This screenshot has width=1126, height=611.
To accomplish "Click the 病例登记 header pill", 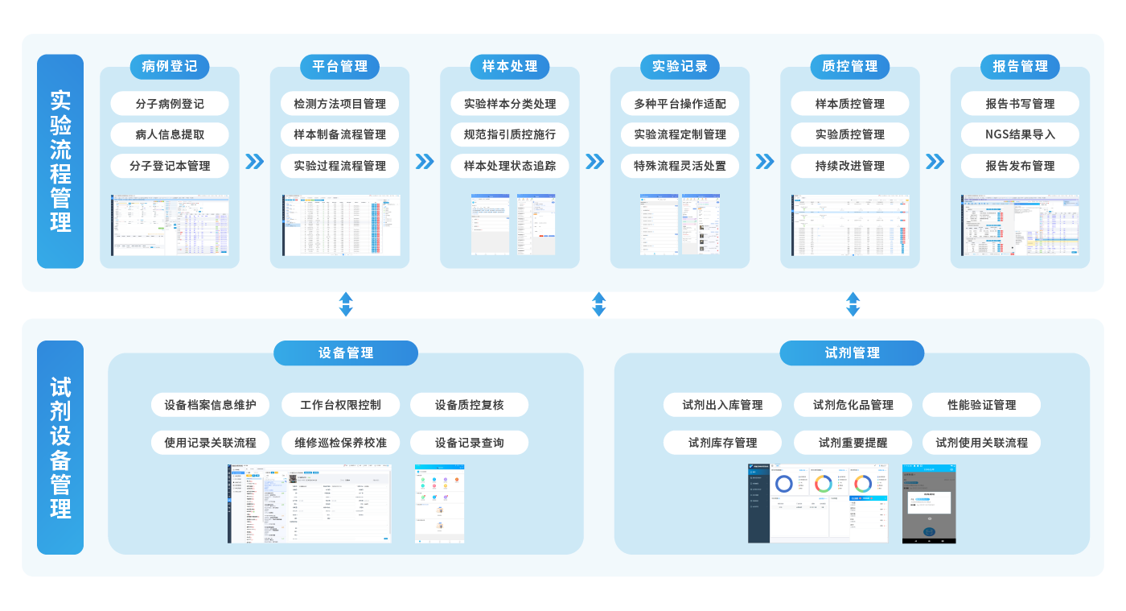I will pos(169,67).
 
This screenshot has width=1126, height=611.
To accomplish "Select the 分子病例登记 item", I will pos(170,104).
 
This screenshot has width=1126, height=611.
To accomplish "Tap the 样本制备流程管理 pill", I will pos(340,134).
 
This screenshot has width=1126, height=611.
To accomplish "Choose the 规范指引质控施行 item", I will pos(510,134).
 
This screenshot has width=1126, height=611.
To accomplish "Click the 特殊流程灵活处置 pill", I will pos(680,166).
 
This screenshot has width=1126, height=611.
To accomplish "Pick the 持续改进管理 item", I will pos(850,166).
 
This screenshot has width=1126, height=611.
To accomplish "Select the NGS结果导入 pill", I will pos(1020,134).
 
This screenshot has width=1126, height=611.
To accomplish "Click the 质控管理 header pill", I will pos(850,67).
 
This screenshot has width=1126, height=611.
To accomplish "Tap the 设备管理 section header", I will pos(346,353).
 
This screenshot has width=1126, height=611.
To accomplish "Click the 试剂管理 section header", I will pos(853,353).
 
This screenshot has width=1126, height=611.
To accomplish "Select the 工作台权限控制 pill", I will pos(340,405).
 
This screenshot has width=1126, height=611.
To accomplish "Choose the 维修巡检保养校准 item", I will pos(340,443).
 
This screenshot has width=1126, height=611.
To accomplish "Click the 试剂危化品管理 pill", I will pos(853,405).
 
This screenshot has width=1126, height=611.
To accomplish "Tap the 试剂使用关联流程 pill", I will pos(981,443).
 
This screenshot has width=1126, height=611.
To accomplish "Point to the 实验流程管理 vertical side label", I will pos(60,161).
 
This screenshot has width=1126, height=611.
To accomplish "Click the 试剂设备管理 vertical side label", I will pos(60,448).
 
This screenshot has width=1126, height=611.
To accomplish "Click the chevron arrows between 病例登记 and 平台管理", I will pos(254,162).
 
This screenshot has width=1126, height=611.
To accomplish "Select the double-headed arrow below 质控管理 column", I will pos(853,304).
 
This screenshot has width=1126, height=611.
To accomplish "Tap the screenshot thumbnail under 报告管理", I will pos(1020,225).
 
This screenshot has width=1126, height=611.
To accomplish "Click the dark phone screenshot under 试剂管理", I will pos(928,504).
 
